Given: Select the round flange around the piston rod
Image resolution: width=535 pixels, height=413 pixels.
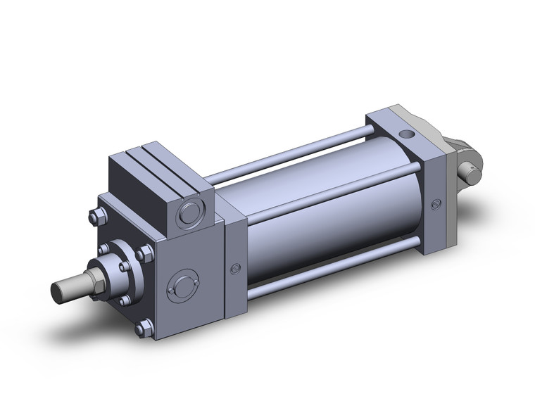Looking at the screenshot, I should pos(115,264).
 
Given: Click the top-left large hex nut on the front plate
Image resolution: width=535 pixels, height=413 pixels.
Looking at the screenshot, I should pos(94,217).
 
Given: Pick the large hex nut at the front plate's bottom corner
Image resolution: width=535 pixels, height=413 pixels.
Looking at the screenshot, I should pos(144,328).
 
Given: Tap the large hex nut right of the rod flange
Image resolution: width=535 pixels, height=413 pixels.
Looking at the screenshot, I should pos(146,253).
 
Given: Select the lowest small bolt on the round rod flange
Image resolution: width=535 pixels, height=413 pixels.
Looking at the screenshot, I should pos(125,300).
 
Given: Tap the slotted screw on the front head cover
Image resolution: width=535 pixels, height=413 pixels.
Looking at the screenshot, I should pos(236,268).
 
